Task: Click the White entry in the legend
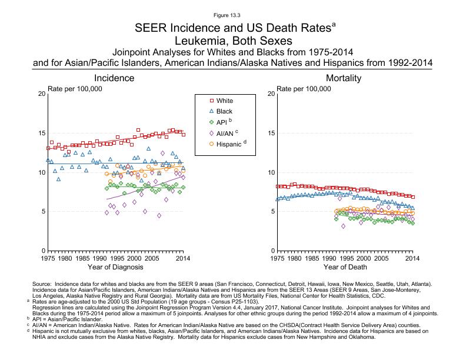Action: pos(224,101)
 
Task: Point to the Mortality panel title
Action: pos(344,78)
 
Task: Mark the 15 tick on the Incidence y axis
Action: pos(41,133)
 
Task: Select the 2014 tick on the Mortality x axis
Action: pos(412,258)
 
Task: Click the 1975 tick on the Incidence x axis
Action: pos(48,258)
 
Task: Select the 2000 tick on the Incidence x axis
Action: pos(135,258)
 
